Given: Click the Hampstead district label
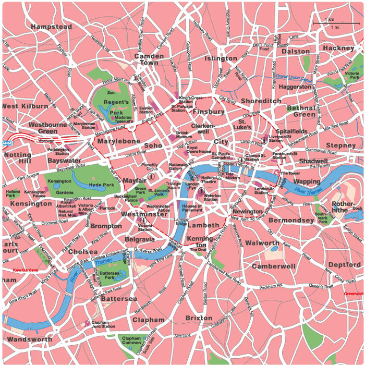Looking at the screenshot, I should coord(51,27).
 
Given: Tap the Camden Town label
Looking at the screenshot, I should coord(149,59).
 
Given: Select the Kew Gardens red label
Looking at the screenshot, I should coord(26,270).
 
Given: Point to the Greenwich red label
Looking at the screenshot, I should coord(354,294).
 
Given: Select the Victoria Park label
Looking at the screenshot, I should coord(351,78).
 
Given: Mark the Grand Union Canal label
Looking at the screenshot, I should coord(294,78).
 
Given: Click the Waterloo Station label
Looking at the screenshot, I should coord(211,197).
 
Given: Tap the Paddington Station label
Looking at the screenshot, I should coord(58,152).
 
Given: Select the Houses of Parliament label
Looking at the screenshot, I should coord(192,209).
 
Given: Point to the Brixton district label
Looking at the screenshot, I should coord(199,318).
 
